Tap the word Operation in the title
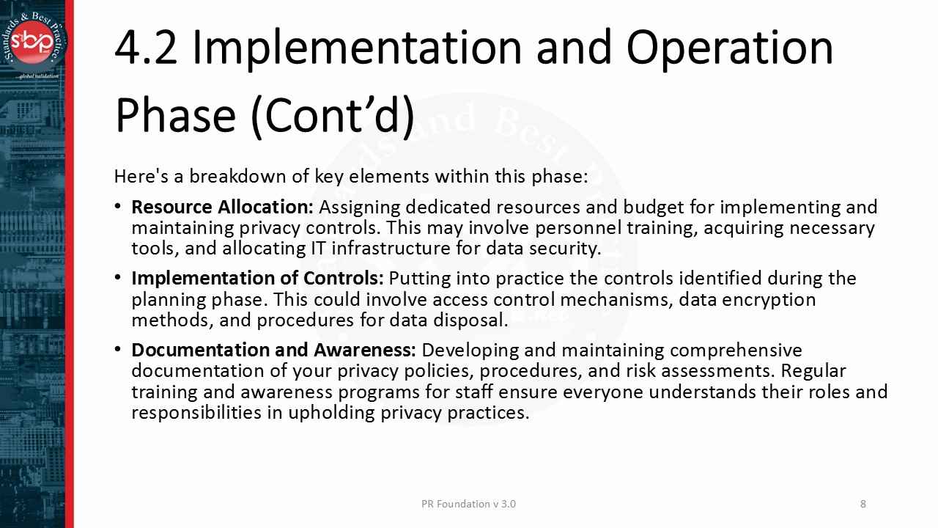pyautogui.click(x=729, y=47)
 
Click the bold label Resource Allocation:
pyautogui.click(x=222, y=207)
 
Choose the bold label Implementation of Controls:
pyautogui.click(x=257, y=279)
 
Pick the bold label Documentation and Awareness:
pyautogui.click(x=273, y=350)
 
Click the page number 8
pyautogui.click(x=863, y=504)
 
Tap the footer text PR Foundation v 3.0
pyautogui.click(x=468, y=504)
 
